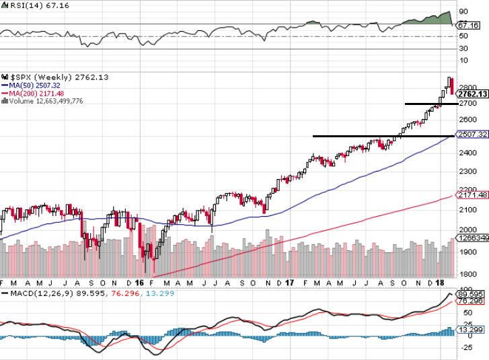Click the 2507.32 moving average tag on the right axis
[472, 135]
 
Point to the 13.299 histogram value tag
[470, 330]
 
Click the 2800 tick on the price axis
[469, 87]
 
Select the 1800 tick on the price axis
[469, 274]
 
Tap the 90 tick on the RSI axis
[463, 11]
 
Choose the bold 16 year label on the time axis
[140, 283]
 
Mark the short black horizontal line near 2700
[430, 104]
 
